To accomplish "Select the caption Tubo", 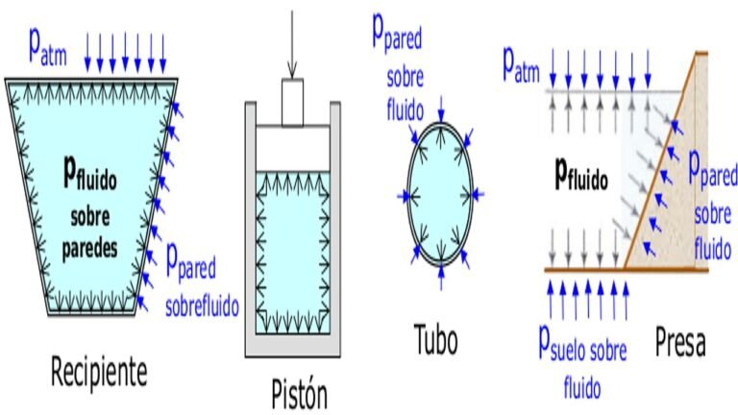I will (435, 340).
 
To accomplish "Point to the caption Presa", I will (679, 341).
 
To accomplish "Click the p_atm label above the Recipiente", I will (41, 45).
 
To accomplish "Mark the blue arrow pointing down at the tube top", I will (440, 105).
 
